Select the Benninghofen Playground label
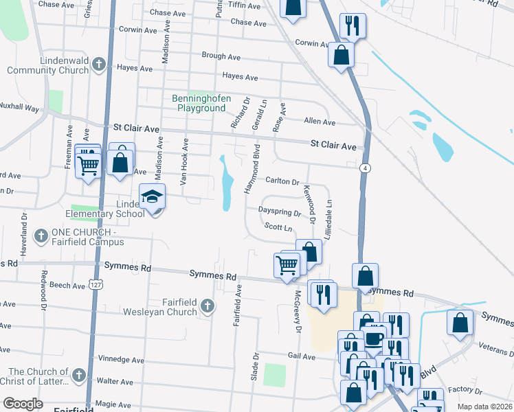[x=201, y=103]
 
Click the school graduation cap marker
[x=152, y=198]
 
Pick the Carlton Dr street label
[x=282, y=182]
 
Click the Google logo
[x=23, y=404]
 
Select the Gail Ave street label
[x=301, y=356]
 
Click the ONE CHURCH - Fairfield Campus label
[x=85, y=238]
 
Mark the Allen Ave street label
[x=320, y=122]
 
